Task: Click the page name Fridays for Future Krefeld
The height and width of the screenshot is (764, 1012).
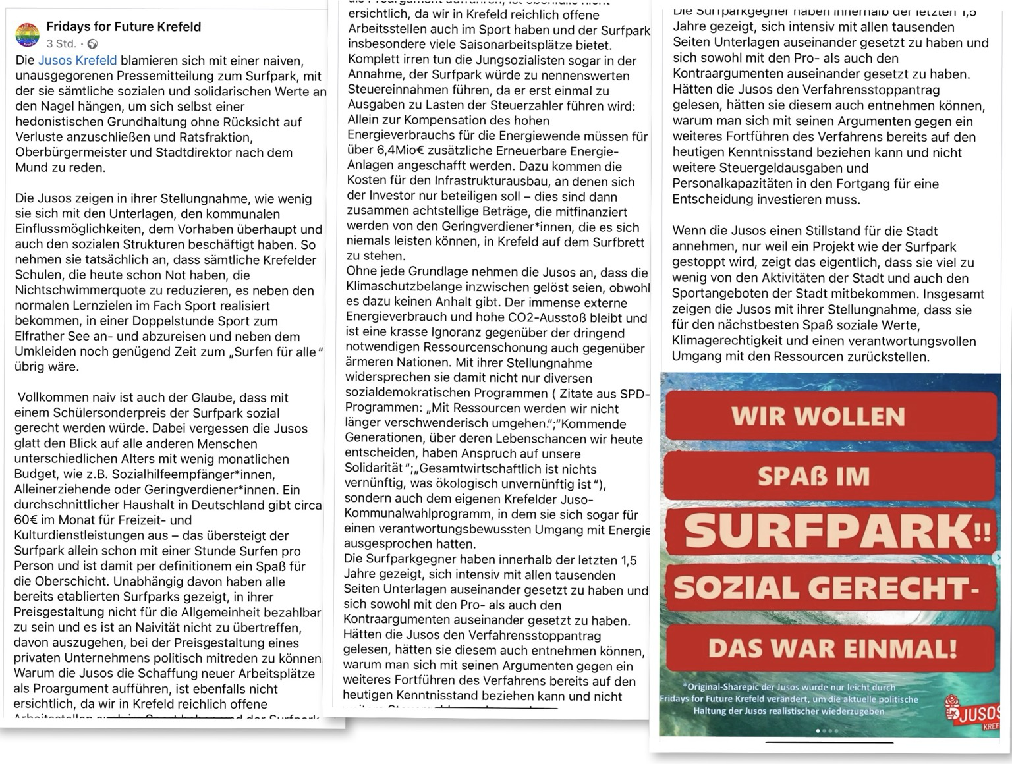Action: (x=123, y=27)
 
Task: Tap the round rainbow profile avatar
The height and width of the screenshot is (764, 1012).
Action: (x=28, y=35)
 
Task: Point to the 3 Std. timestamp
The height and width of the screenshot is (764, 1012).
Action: (x=61, y=44)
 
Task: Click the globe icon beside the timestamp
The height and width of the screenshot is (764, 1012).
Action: (x=92, y=44)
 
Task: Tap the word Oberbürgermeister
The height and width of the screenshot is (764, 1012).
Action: (x=72, y=152)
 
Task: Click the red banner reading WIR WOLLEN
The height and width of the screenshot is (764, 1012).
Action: (x=818, y=416)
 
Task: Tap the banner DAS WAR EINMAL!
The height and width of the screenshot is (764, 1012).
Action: (x=831, y=649)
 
